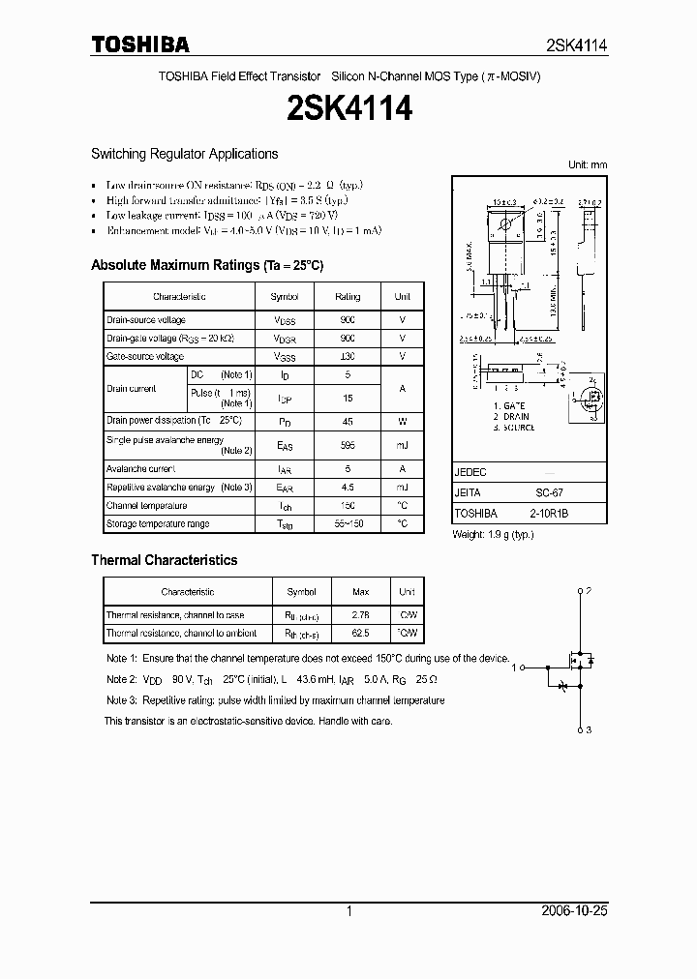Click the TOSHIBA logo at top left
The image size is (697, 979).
(140, 44)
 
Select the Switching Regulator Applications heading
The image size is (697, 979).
(184, 154)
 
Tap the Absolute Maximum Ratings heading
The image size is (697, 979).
(207, 265)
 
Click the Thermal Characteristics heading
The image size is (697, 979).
(164, 560)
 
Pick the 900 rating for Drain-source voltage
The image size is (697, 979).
(348, 320)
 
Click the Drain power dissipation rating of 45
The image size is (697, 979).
(348, 421)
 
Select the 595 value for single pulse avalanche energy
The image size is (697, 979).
(348, 445)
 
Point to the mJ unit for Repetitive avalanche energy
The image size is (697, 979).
(402, 488)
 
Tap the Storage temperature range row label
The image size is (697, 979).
(158, 524)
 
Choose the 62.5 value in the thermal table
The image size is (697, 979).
(360, 634)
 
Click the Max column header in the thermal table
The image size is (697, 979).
(360, 592)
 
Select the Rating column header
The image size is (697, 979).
(348, 297)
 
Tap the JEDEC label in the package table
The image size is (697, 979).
(470, 472)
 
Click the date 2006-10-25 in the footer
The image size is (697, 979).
(574, 911)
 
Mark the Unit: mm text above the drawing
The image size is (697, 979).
(587, 164)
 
